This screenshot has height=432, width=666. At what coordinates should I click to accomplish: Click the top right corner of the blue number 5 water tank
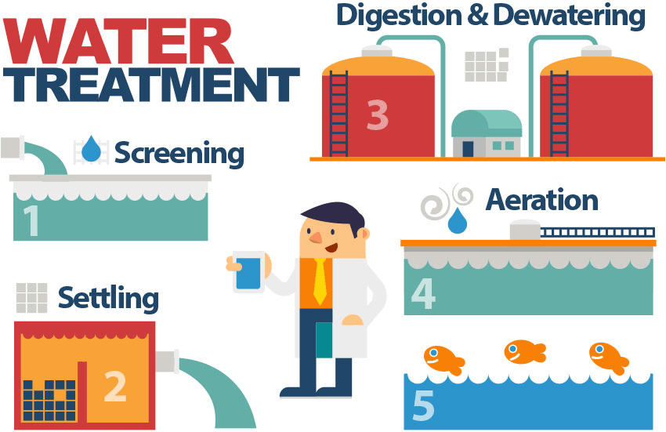[x=653, y=374]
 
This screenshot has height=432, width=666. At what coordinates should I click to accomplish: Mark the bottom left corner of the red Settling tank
[x=14, y=429]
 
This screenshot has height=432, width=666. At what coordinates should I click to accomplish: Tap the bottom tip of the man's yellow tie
[x=320, y=305]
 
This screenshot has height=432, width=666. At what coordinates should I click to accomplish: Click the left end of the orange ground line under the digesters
[x=309, y=159]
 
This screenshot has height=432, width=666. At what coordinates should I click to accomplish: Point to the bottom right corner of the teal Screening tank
[x=208, y=240]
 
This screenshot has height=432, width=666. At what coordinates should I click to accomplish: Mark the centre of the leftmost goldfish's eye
[x=433, y=353]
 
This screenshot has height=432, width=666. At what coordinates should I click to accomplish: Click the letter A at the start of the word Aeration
[x=497, y=200]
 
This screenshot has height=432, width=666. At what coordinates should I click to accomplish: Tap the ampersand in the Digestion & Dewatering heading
[x=478, y=16]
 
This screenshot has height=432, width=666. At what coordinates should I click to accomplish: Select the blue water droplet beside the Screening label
[x=92, y=149]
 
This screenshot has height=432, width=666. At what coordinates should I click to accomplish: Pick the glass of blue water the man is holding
[x=248, y=272]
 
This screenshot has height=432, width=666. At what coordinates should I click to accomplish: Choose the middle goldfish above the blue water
[x=524, y=352]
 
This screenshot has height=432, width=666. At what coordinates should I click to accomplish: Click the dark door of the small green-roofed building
[x=468, y=149]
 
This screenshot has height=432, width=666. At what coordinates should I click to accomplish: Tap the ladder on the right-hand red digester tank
[x=559, y=114]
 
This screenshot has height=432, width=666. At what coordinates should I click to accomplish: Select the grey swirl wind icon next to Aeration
[x=446, y=201]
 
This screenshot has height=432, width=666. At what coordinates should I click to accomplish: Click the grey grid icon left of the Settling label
[x=32, y=298]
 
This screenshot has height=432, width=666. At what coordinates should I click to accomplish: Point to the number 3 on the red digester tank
[x=378, y=114]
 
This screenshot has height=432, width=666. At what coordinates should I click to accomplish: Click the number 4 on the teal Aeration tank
[x=423, y=294]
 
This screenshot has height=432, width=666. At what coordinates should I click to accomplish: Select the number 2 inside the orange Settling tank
[x=115, y=386]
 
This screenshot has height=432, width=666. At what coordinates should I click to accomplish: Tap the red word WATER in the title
[x=118, y=41]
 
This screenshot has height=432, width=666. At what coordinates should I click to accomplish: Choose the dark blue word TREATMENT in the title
[x=152, y=85]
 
